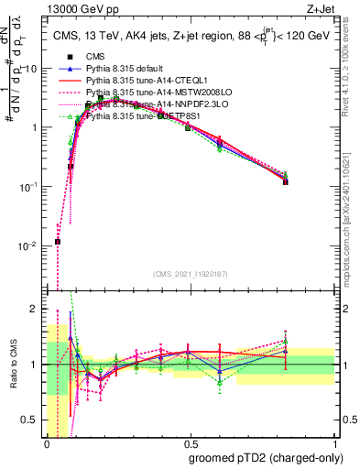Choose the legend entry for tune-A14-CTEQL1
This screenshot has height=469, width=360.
147,81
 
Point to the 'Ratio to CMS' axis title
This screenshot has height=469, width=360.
15,365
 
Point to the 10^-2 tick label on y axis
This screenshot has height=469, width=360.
27,245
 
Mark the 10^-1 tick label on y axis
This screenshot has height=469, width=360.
27,187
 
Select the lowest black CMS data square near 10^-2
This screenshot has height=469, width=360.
58,242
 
